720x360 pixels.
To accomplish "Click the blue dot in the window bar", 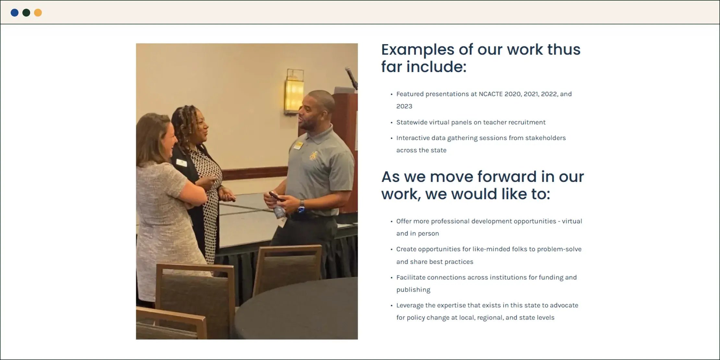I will coord(15,13).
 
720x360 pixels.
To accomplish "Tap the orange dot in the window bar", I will coord(38,13).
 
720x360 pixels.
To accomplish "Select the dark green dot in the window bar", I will coord(26,13).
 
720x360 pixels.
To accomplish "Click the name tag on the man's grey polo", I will coord(298,146).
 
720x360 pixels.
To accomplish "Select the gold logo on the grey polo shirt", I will coord(313,156).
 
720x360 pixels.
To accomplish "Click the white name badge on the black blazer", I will coord(181,162).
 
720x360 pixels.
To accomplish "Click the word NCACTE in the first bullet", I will coord(490,94).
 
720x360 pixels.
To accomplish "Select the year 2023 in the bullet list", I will coord(404,106).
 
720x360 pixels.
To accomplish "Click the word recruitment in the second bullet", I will coord(527,122).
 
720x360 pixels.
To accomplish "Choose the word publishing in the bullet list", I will coord(413,290).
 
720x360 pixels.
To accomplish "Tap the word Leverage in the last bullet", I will coord(409,305).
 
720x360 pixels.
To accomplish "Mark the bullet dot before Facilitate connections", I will coord(391,278).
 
